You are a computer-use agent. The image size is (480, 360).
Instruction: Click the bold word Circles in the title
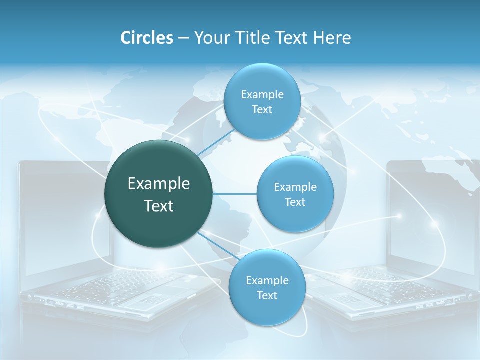(146, 38)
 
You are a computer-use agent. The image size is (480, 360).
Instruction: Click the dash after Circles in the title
(183, 38)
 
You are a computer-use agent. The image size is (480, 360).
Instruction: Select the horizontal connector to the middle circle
(234, 194)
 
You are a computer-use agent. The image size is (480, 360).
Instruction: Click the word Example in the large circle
(159, 184)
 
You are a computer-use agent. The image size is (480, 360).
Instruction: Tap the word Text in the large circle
(159, 206)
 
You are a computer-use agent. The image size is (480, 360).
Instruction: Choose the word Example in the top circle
(262, 95)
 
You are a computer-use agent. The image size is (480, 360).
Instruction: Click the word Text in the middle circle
(295, 202)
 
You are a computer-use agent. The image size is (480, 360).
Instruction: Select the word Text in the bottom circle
(267, 295)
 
